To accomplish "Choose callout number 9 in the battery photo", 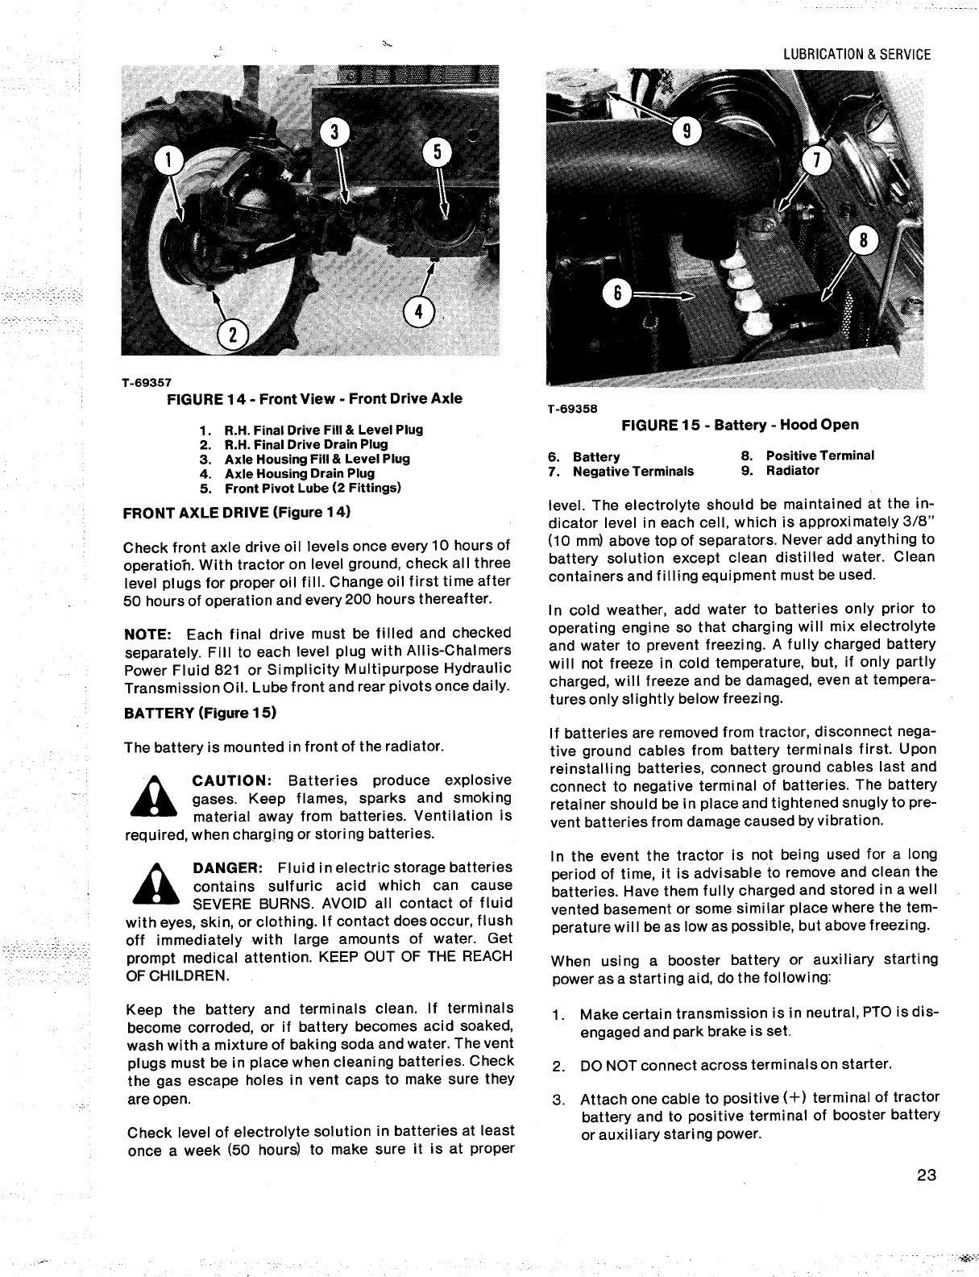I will pyautogui.click(x=687, y=131).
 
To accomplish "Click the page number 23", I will pyautogui.click(x=926, y=1175).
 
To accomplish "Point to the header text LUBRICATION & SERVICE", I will pyautogui.click(x=857, y=55).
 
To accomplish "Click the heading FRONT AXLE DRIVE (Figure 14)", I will pyautogui.click(x=238, y=512).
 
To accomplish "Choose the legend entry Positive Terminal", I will pyautogui.click(x=819, y=455).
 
